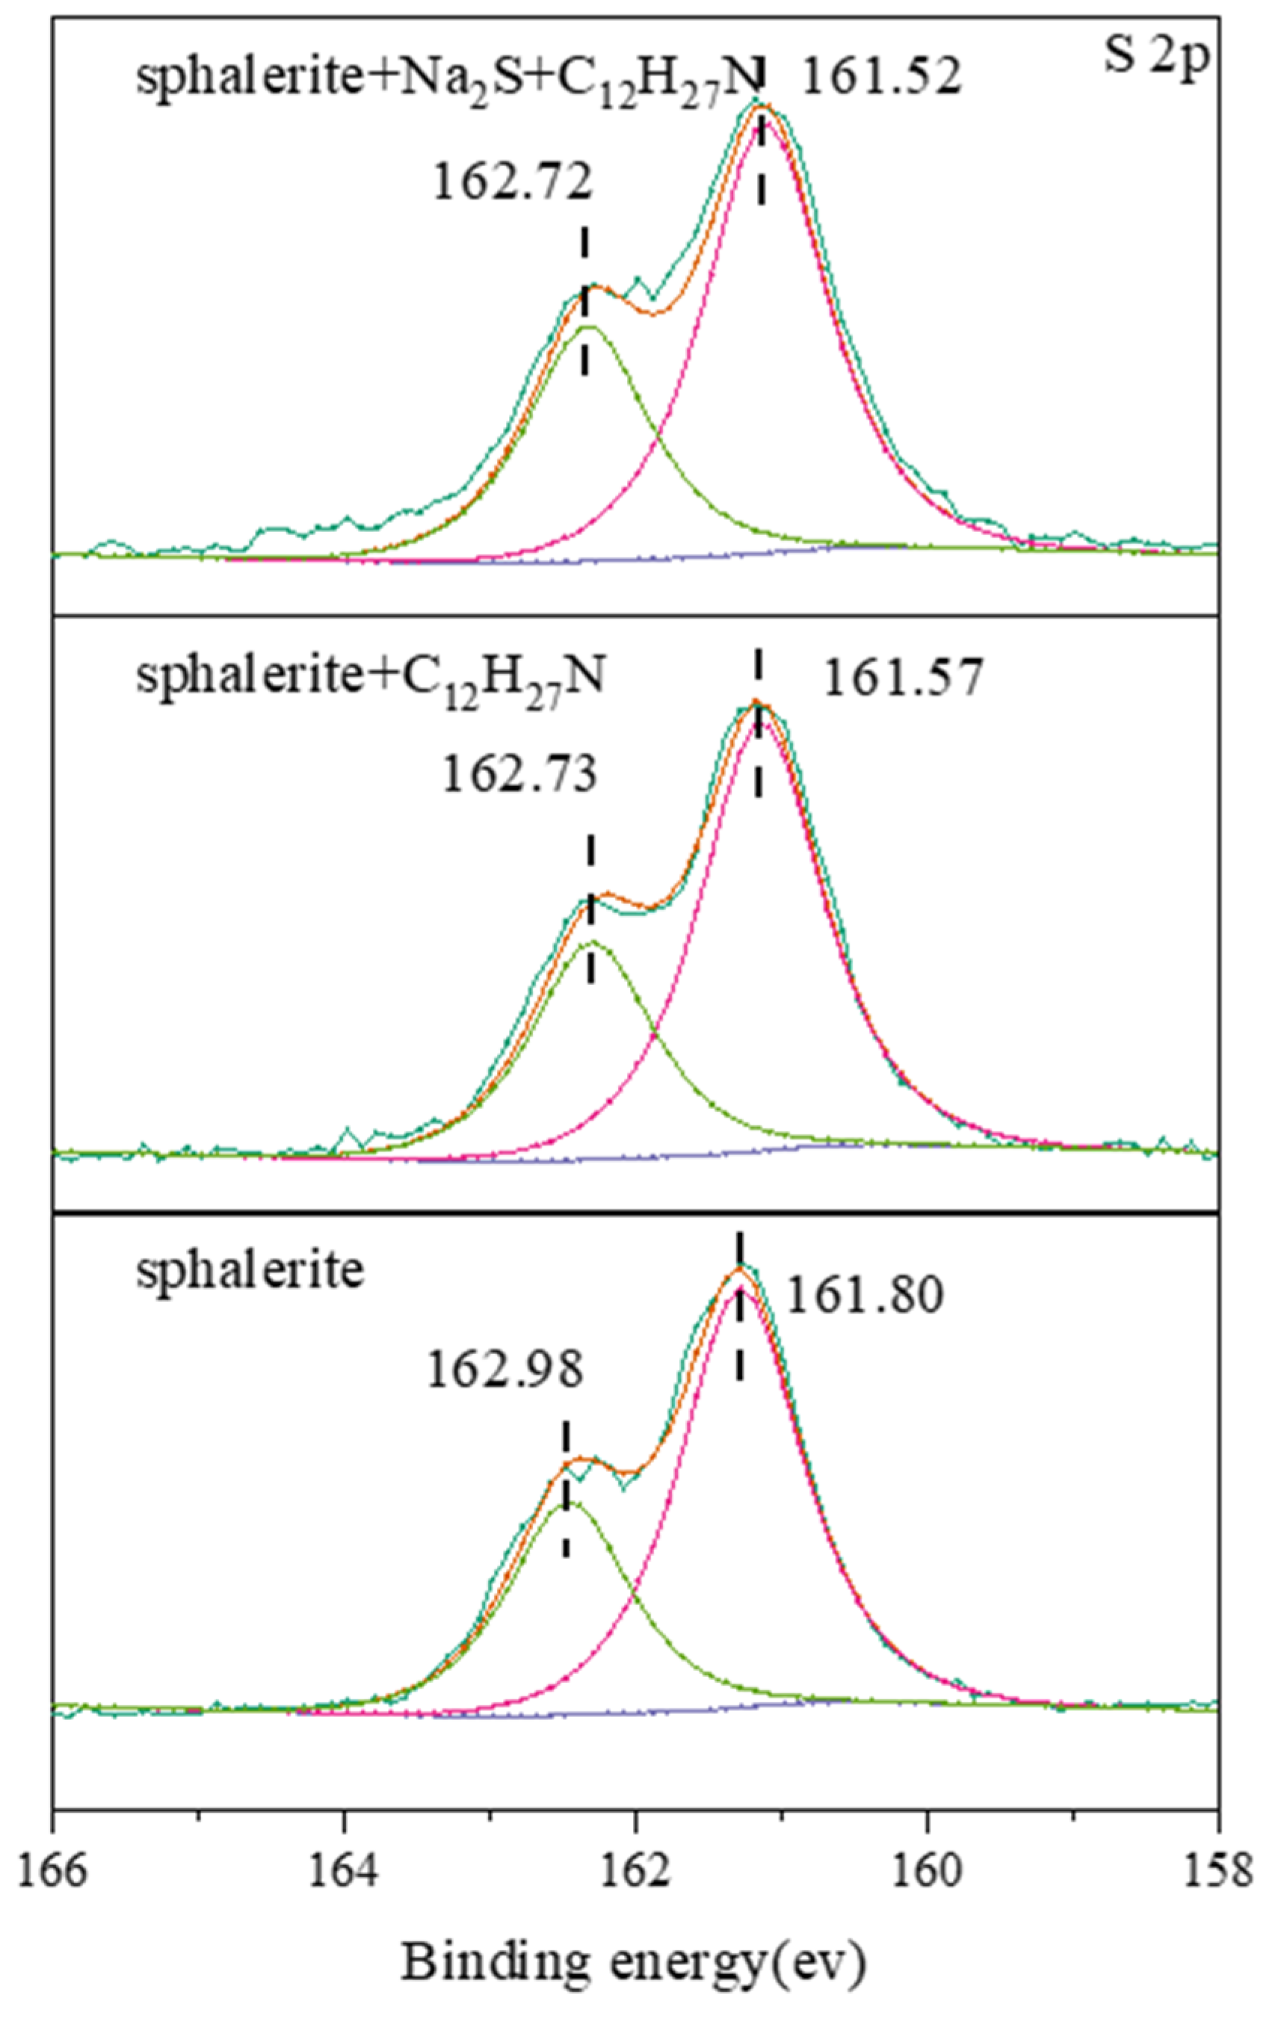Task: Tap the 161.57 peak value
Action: (901, 678)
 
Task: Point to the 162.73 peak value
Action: (519, 775)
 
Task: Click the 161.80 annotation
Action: (864, 1293)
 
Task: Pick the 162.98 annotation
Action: (504, 1371)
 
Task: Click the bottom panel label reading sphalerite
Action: (250, 1270)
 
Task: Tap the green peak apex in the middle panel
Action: (592, 942)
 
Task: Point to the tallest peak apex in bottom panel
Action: (738, 1269)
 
